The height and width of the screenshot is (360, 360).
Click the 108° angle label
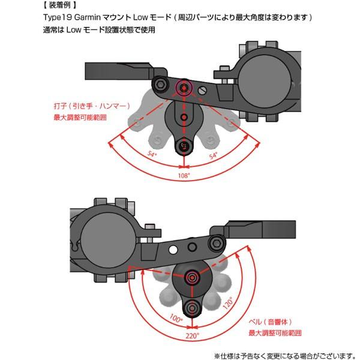click(x=184, y=176)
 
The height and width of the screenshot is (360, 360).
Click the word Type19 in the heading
click(x=58, y=17)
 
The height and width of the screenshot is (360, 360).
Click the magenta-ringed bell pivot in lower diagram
click(x=193, y=277)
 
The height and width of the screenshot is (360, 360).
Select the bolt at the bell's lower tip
click(x=193, y=308)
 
